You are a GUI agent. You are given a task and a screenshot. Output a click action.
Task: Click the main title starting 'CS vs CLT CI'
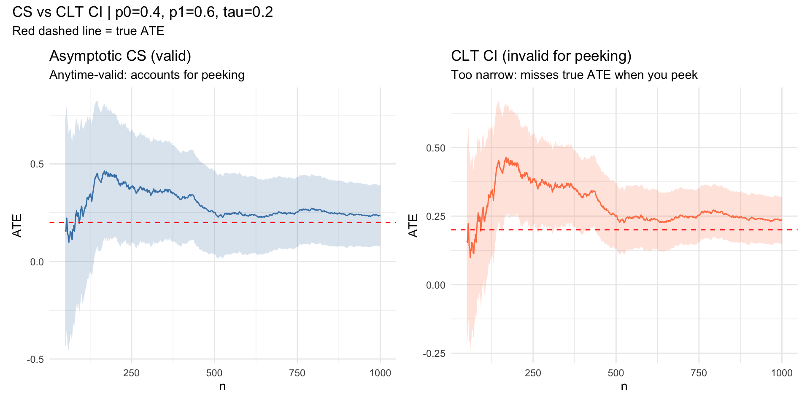pos(143,12)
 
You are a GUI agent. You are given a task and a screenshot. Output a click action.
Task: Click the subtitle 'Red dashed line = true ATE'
pos(88,31)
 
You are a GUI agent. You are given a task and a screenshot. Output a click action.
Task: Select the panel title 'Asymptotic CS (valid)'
pos(120,56)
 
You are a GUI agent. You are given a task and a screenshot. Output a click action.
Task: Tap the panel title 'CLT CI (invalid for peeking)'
pos(541,56)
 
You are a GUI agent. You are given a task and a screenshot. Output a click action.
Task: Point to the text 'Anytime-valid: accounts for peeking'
pos(147,75)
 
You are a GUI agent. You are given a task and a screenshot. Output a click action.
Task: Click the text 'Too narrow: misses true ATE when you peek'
pos(574,75)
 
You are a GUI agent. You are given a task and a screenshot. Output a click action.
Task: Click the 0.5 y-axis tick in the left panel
pos(37,164)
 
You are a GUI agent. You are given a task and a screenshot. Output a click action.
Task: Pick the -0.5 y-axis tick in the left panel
pos(35,359)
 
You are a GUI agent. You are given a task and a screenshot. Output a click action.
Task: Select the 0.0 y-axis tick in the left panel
pos(37,262)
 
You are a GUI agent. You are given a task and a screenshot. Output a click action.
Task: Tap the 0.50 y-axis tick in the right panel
pos(436,148)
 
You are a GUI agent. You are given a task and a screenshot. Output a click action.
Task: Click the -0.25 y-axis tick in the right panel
pos(434,354)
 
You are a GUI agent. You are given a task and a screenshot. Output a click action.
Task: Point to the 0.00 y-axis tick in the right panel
pos(436,285)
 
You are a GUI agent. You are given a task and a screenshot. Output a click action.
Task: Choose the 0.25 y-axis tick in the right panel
pos(436,216)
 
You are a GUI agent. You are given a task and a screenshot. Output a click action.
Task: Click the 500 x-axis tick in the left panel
pos(214,373)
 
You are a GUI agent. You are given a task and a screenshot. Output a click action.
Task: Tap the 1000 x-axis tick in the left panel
pos(380,373)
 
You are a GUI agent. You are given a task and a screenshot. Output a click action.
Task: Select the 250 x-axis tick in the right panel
pos(533,373)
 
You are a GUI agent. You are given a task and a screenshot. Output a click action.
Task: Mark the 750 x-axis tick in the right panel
pos(699,373)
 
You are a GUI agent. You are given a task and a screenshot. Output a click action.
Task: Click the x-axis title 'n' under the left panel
pos(222,386)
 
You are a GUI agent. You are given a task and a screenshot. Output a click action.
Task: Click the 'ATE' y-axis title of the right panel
pos(413,226)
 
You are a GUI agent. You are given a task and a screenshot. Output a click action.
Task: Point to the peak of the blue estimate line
pos(105,171)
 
